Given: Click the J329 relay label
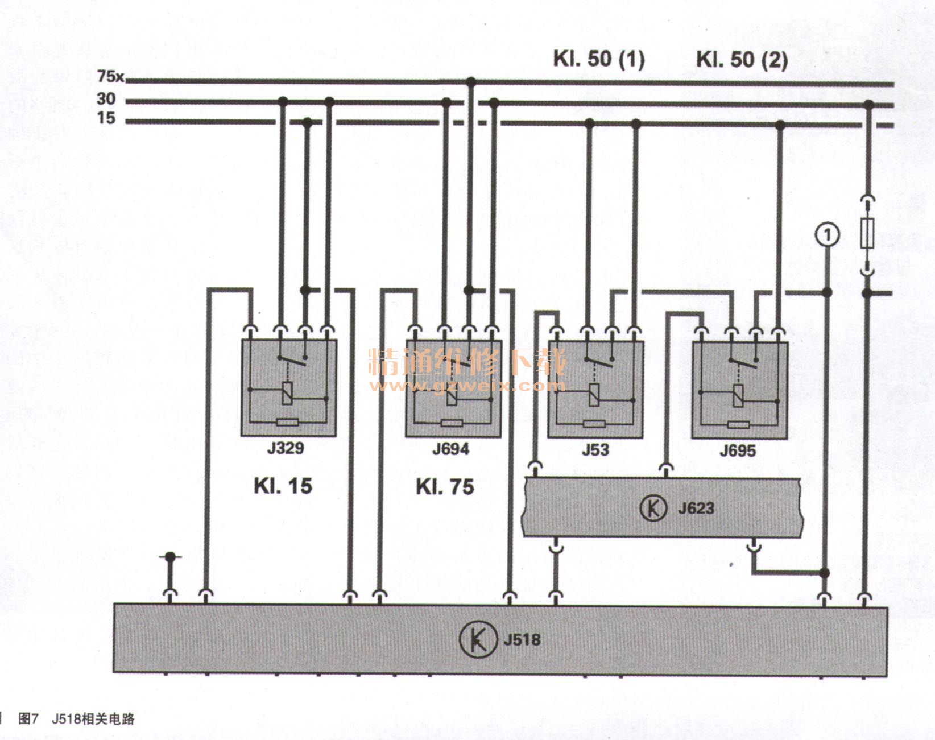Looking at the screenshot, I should [286, 448].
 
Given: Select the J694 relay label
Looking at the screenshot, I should [450, 449].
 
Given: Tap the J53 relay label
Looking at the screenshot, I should [595, 450].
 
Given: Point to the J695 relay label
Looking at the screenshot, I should [738, 451].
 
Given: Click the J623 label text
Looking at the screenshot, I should [696, 508].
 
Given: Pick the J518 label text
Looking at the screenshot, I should [522, 639].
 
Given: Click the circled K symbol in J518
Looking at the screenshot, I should [476, 639].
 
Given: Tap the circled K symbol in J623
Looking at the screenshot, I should [653, 508].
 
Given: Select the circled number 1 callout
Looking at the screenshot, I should [828, 234].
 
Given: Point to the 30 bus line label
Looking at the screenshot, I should [106, 99].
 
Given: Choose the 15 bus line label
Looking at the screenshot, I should [106, 118].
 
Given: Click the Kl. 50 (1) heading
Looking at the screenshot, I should [599, 59].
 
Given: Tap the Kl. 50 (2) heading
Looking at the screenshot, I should [742, 60].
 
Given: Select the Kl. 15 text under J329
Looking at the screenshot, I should [283, 486].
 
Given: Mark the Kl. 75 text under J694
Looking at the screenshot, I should [445, 487].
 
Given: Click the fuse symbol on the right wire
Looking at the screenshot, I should [867, 233].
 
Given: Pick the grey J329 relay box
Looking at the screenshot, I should [288, 387].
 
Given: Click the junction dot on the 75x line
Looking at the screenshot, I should [470, 82].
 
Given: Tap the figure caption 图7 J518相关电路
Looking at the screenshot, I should [76, 718].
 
